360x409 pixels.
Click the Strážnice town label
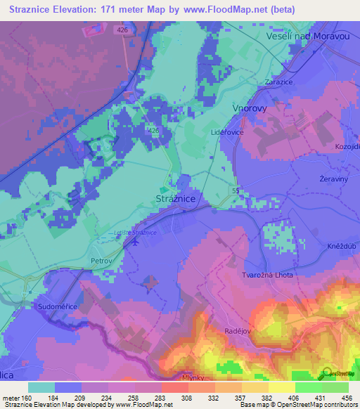(x=179, y=199)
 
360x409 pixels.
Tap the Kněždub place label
(x=340, y=237)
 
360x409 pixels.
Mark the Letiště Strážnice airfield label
(x=135, y=233)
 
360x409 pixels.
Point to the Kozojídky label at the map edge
(x=347, y=145)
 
